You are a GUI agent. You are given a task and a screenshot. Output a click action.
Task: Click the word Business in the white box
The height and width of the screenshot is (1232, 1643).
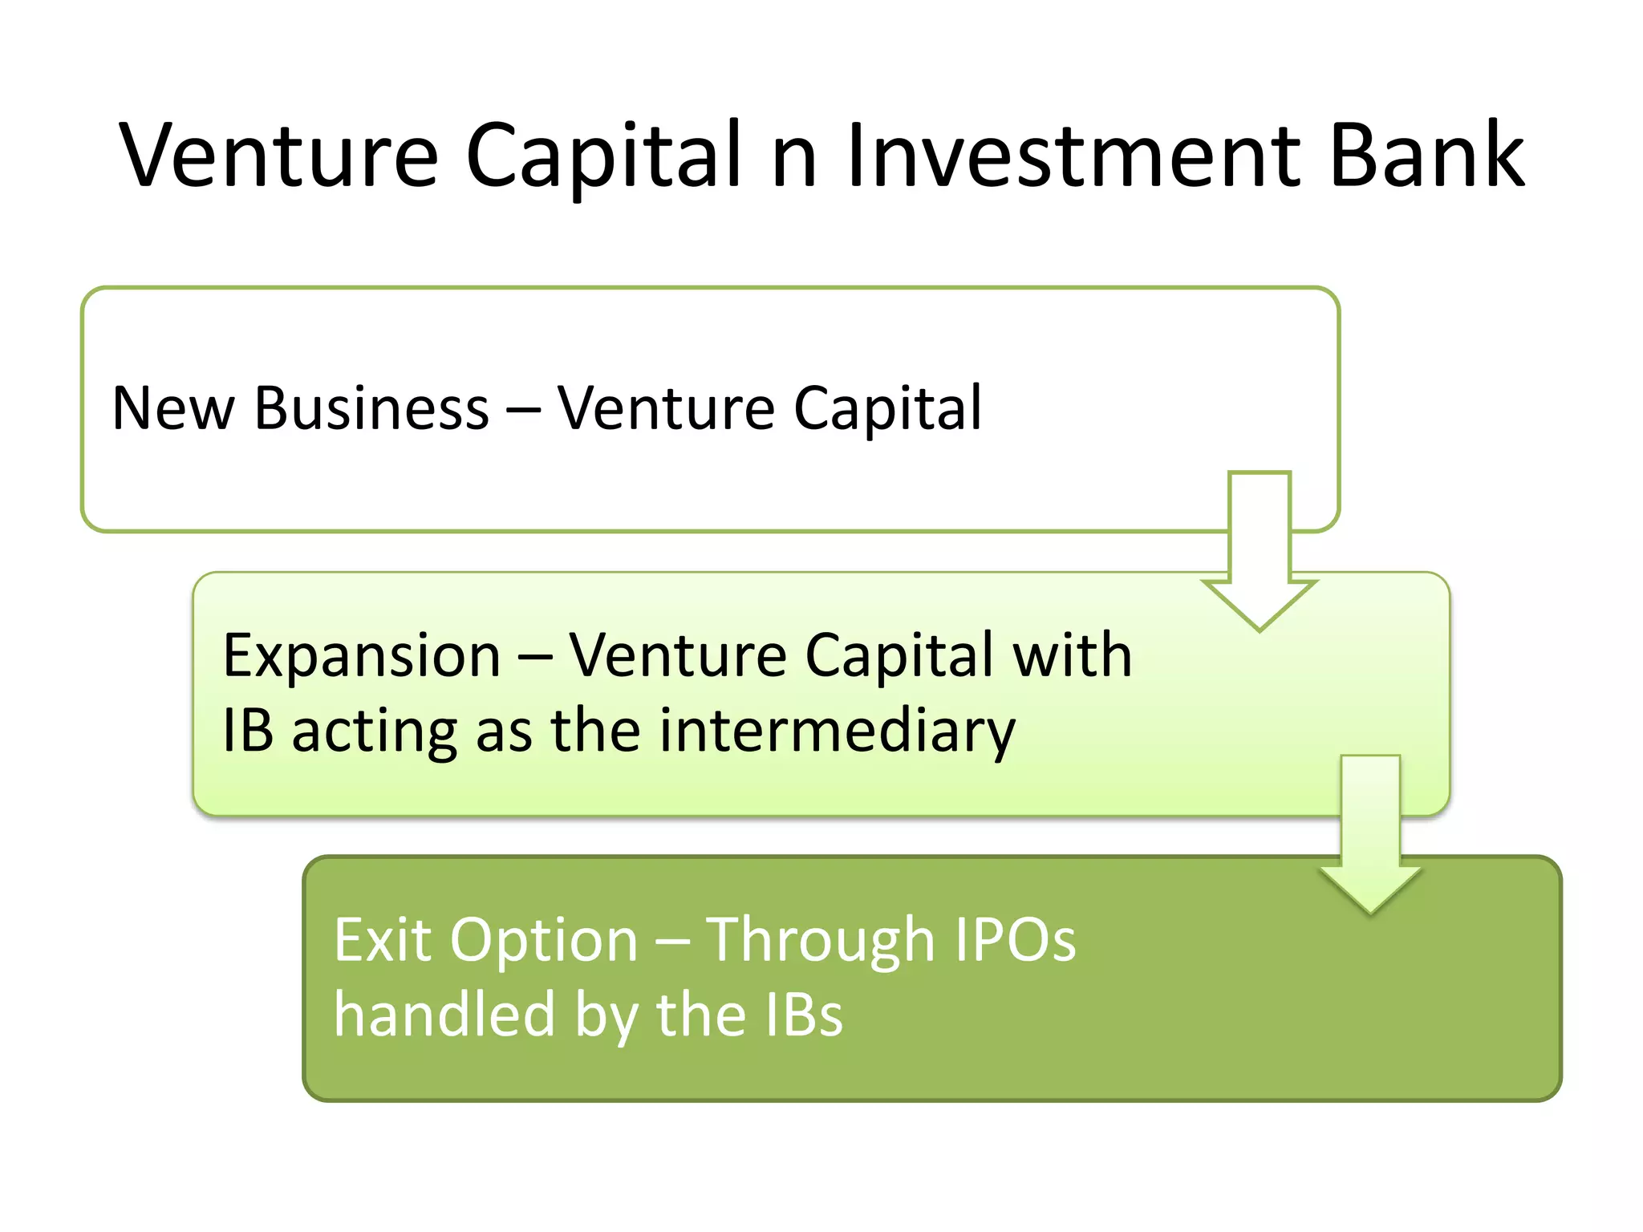tap(371, 408)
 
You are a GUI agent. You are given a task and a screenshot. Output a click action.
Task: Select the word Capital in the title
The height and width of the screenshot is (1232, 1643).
tap(603, 156)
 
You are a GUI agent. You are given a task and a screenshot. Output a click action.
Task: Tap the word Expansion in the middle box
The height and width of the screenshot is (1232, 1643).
tap(362, 656)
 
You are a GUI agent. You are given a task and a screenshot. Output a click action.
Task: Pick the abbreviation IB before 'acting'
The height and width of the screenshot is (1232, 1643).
tap(248, 731)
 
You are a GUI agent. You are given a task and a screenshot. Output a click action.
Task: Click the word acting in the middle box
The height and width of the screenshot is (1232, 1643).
tap(375, 731)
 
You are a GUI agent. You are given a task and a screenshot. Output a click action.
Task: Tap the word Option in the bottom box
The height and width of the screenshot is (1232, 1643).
tap(544, 941)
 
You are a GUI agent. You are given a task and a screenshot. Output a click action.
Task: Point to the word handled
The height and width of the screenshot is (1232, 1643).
tap(444, 1014)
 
